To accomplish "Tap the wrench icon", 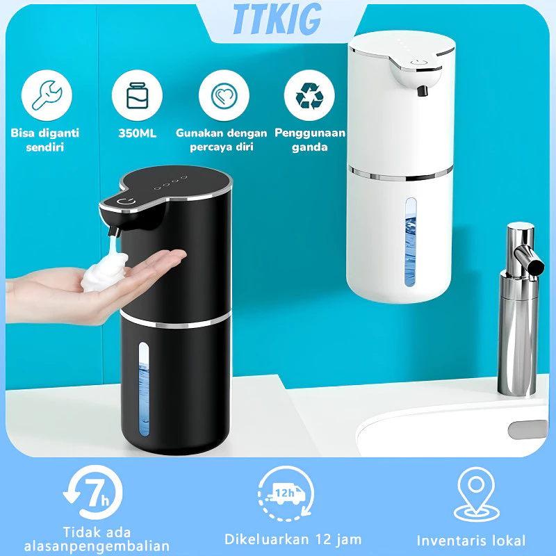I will [47, 96].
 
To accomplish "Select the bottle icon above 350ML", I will [137, 96].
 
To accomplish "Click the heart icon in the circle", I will [224, 96].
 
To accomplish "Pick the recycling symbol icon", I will [309, 96].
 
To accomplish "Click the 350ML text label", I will [137, 133].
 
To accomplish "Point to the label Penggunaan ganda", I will [310, 140].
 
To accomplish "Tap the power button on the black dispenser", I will [125, 203].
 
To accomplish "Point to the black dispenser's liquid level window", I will [144, 390].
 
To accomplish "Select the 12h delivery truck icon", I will [282, 495].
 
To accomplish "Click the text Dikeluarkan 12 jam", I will [293, 539].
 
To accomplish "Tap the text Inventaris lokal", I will [471, 540].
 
